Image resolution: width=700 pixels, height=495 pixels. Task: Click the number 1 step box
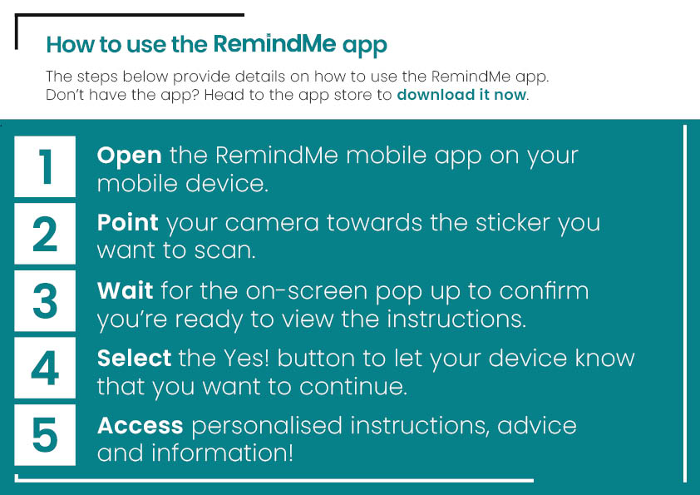45,166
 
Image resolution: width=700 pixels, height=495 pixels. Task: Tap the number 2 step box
45,233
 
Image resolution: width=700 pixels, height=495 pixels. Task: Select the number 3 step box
45,300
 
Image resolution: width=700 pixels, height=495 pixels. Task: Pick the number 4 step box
45,368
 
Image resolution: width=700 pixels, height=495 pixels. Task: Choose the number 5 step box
45,435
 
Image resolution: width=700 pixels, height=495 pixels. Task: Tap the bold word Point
128,222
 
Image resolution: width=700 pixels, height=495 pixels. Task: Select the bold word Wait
125,290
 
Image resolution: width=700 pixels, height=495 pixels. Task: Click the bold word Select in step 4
134,358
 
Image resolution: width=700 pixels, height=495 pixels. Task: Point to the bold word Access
140,425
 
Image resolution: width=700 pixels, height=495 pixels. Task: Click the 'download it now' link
461,95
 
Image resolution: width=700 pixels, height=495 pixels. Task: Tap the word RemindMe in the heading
274,44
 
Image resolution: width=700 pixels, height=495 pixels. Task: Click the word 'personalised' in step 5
267,427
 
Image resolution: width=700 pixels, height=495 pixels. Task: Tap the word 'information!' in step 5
222,453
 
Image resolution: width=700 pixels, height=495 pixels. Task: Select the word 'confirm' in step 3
544,290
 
